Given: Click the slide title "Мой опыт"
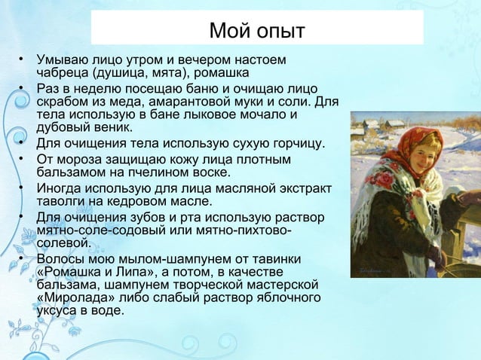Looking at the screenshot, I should [256, 32].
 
